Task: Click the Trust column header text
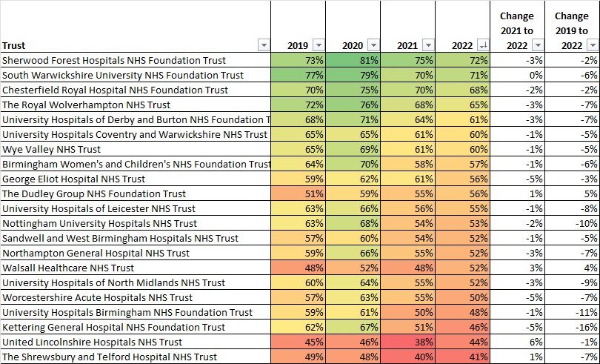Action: pos(15,45)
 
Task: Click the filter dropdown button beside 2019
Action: pos(318,44)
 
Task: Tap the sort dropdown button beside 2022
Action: pos(483,44)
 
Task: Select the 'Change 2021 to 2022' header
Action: pos(516,30)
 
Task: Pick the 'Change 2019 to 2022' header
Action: pos(572,30)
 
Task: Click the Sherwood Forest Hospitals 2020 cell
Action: pos(353,60)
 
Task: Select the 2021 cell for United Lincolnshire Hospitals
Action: pos(407,342)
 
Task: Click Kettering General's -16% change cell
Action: pos(572,327)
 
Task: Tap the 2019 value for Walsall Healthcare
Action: pos(298,268)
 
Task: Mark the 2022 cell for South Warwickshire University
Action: pos(462,75)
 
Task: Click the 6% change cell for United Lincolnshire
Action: pos(516,342)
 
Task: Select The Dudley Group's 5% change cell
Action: pos(572,193)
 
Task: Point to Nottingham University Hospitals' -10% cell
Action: pos(572,223)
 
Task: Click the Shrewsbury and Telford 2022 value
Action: pos(462,357)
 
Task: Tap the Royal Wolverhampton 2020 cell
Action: pos(353,105)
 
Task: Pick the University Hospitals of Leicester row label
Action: pos(99,208)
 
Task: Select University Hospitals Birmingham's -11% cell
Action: pos(572,312)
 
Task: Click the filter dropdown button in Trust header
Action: pos(263,44)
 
